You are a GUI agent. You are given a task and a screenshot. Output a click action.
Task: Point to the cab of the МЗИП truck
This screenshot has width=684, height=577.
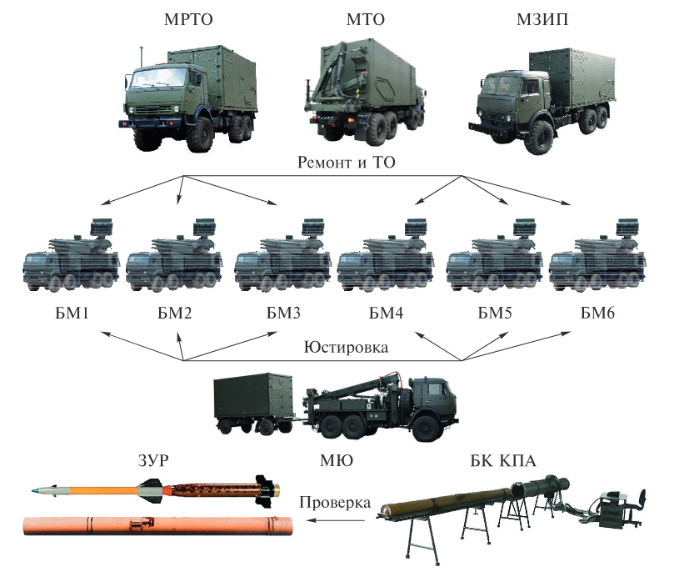pos(507,98)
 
